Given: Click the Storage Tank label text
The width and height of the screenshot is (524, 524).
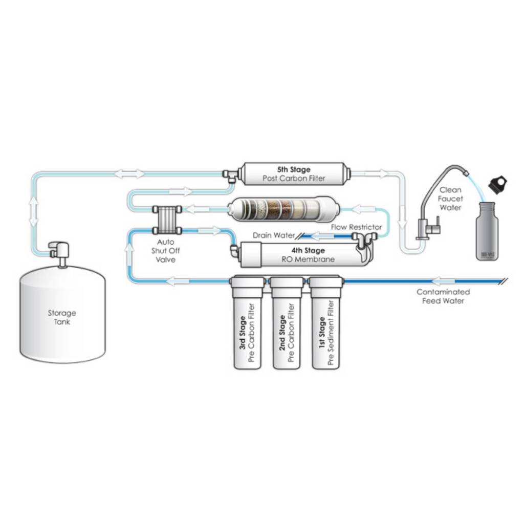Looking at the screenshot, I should click(62, 317).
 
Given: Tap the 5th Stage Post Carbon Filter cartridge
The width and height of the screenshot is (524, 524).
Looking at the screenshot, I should click(294, 174).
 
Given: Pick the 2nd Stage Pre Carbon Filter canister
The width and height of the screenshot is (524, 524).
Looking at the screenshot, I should click(287, 327).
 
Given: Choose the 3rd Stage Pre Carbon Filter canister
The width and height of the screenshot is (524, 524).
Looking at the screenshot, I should click(248, 327).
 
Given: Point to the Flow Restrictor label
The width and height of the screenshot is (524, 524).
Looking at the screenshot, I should click(356, 227).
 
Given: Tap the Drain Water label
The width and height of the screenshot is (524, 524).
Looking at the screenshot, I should click(273, 236).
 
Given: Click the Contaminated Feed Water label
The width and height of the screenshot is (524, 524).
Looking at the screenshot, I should click(443, 296).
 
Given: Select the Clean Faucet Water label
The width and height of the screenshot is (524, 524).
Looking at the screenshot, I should click(450, 199).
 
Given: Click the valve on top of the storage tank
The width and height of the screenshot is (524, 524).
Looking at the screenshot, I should click(60, 251).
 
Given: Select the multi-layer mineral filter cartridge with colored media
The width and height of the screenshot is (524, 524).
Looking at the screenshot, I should click(276, 208).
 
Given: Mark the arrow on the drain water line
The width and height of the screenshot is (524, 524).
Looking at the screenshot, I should click(322, 236).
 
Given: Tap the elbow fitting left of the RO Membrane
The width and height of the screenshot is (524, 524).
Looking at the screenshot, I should click(234, 250).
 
